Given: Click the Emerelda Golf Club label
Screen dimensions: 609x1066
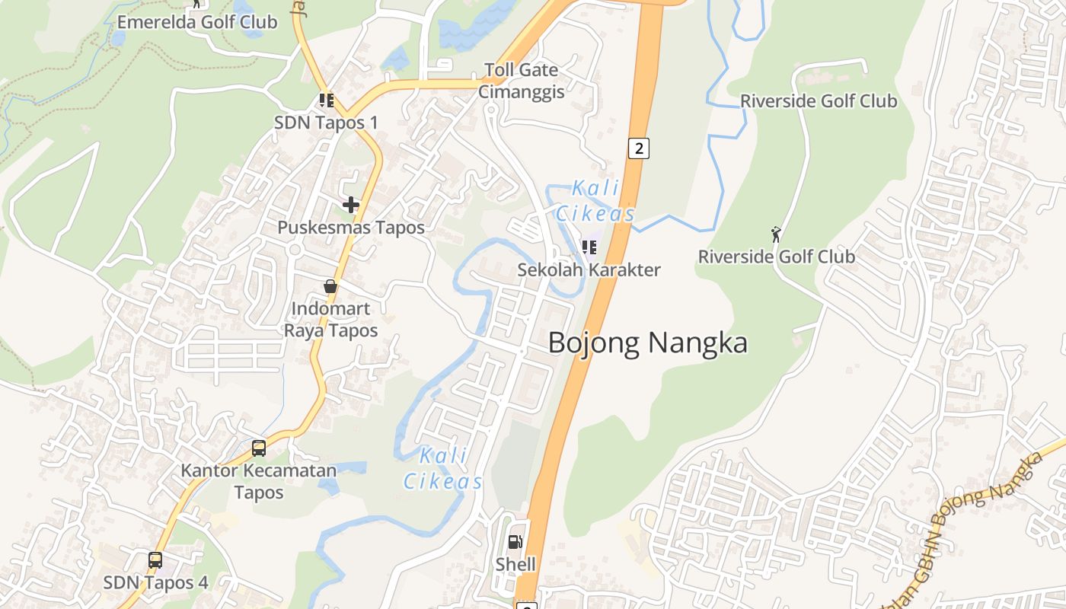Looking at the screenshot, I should (196, 21).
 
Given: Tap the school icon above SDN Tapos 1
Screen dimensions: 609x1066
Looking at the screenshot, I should (327, 100).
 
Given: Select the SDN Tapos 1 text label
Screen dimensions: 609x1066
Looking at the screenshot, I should (326, 123).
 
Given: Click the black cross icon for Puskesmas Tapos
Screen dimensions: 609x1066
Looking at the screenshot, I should (350, 205).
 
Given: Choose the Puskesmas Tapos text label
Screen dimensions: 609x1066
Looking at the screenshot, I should (350, 227).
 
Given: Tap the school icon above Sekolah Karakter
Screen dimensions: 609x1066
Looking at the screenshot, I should (589, 247).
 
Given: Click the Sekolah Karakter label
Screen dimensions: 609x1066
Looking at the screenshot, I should (589, 269).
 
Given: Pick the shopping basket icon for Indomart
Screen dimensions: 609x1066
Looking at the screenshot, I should (330, 286).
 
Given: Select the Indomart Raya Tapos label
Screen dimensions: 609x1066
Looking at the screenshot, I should (330, 319).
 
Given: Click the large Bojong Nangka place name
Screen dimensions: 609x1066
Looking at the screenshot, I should (647, 343).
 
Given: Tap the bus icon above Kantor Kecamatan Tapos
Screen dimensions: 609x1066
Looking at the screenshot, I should (259, 448).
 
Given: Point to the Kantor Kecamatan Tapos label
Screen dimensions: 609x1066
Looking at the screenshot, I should (258, 481).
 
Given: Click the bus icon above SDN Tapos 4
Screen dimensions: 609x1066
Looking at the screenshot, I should (155, 560).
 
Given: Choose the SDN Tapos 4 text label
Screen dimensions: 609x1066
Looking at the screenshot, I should (155, 582).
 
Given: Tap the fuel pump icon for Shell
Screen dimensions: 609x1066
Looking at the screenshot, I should (515, 542).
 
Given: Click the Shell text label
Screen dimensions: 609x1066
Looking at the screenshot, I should (515, 564).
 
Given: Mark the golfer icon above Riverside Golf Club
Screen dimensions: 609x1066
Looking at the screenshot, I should (776, 234).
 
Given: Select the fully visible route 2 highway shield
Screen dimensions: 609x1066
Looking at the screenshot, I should (638, 148).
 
